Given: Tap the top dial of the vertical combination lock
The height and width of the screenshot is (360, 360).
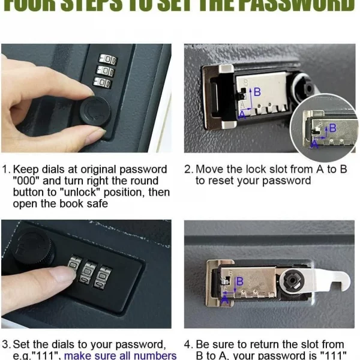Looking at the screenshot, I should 108,59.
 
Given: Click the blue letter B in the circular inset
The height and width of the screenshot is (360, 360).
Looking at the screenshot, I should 333,128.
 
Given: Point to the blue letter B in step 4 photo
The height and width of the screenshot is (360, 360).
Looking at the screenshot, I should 239,281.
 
